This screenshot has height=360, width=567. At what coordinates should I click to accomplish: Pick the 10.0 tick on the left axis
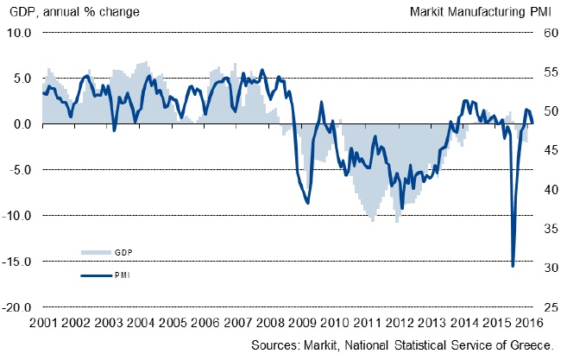pyautogui.click(x=19, y=33)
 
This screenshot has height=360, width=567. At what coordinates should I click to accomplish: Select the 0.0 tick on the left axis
pyautogui.click(x=22, y=123)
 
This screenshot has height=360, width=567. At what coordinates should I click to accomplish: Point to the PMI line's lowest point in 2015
pyautogui.click(x=513, y=266)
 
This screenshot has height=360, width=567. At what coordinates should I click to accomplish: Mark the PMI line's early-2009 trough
pyautogui.click(x=308, y=203)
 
